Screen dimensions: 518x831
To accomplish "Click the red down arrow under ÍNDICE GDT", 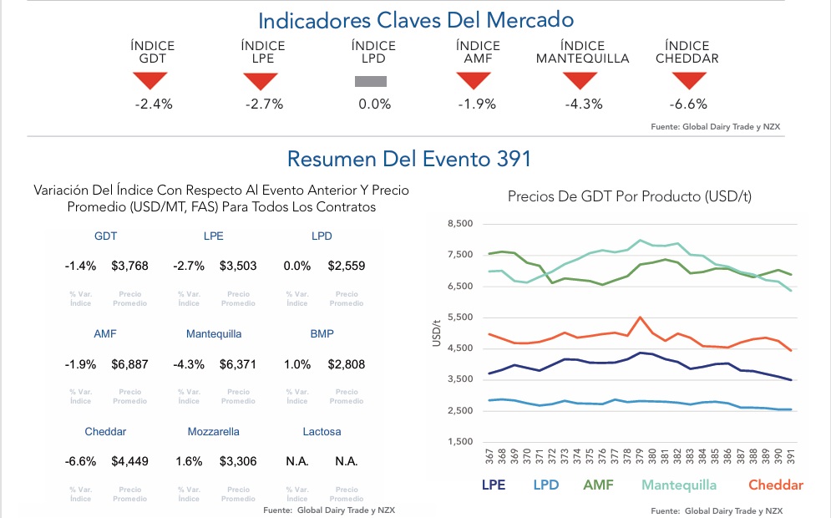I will [150, 80].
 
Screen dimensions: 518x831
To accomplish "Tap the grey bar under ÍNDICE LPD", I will [371, 81].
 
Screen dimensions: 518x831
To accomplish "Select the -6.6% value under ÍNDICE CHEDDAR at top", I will [688, 104].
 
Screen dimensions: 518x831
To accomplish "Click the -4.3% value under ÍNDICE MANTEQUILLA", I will [582, 104].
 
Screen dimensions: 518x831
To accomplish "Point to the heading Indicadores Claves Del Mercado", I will [415, 20].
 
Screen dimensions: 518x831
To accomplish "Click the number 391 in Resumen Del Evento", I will [513, 158].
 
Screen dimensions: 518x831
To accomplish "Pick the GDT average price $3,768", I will [129, 266].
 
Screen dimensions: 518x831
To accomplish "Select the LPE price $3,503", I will [238, 266].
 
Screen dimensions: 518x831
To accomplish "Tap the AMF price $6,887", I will [129, 364].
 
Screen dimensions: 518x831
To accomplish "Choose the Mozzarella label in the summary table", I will [213, 432].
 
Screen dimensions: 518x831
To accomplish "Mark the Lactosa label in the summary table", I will [322, 432].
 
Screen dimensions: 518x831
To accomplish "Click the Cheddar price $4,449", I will [129, 461].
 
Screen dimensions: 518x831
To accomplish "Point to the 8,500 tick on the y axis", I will [460, 224].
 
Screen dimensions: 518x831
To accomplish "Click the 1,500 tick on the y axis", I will [460, 442].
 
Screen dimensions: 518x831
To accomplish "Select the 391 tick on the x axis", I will [790, 457].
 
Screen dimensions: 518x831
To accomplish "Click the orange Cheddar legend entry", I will [775, 485].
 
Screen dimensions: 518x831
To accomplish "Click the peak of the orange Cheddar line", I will [640, 317].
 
